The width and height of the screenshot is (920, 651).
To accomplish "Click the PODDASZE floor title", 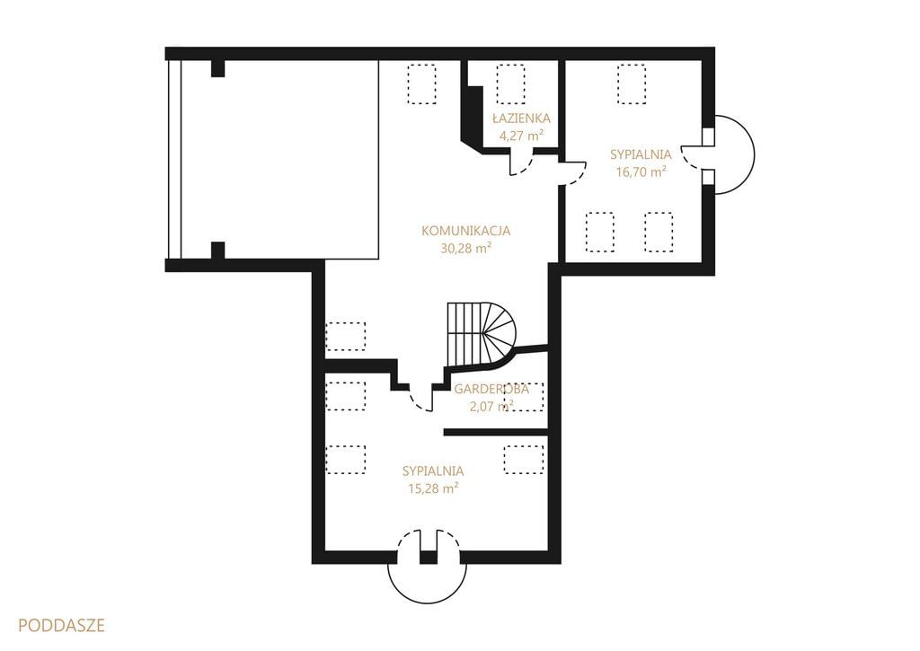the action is coord(62,625).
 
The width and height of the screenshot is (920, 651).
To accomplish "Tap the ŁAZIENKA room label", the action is coord(521,119).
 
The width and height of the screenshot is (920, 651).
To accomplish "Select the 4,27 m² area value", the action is coord(521,136).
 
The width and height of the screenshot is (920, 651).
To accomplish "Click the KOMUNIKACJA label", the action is coord(466,231).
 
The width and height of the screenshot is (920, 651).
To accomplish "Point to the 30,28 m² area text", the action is coord(466,248).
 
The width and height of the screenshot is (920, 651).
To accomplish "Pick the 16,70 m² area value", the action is coord(641,172).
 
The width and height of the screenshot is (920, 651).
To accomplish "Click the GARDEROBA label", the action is coord(491,389).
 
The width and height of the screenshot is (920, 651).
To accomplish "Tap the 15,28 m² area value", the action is coord(433,488).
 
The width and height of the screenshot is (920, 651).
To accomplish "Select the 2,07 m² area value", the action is coord(491,406).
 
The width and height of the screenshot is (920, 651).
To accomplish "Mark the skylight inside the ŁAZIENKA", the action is coord(510,84).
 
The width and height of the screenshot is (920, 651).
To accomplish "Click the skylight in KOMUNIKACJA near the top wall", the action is coord(422,84).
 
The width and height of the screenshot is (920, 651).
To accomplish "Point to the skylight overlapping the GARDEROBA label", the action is coord(524,396).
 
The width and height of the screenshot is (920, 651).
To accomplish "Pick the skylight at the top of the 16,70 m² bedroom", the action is coord(632,84).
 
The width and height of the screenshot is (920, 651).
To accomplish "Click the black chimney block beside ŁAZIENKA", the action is coord(471,114).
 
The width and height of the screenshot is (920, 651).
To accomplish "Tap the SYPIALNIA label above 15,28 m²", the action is coord(433,471).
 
